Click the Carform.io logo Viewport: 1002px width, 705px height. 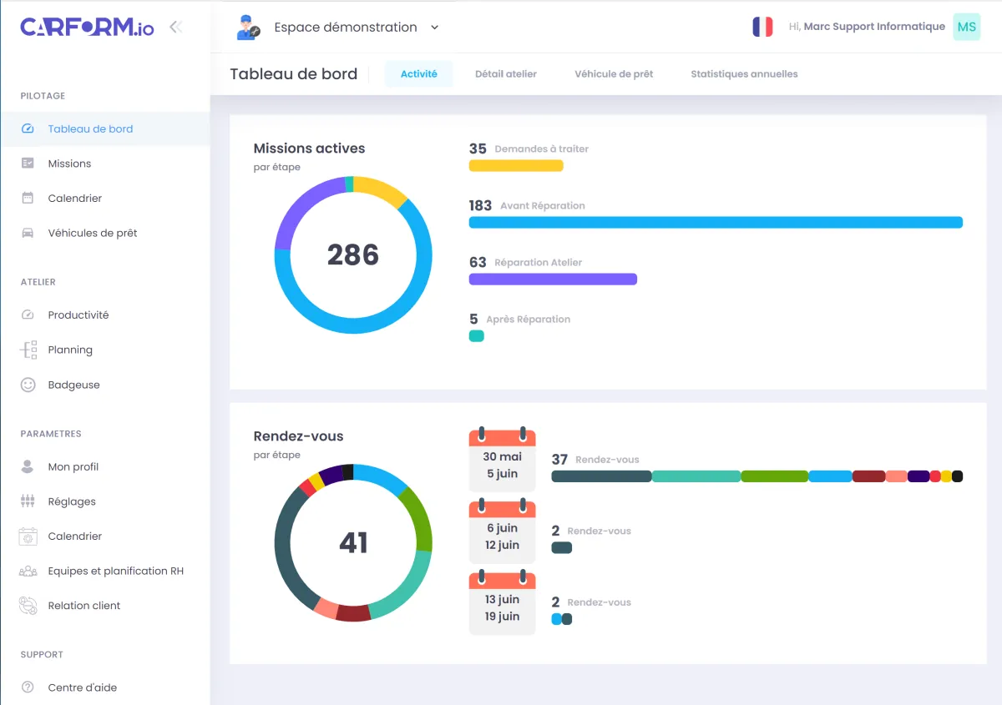coord(87,28)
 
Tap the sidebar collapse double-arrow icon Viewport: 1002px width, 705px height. coord(175,27)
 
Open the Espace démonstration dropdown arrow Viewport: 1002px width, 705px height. coord(434,28)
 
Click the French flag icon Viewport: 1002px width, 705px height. coord(762,27)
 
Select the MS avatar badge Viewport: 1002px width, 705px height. coord(966,27)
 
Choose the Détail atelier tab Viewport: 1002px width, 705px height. coord(505,74)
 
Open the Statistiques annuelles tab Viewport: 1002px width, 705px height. coord(744,74)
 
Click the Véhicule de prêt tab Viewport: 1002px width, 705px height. coord(614,74)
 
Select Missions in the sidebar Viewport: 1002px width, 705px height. coord(69,164)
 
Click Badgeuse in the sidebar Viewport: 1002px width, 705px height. coord(73,385)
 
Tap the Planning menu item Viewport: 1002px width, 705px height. coord(70,350)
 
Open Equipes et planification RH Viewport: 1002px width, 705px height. coord(115,571)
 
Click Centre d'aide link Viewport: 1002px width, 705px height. coord(82,687)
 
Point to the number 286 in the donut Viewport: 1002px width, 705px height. coord(352,254)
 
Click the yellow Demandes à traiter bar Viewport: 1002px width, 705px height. coord(515,165)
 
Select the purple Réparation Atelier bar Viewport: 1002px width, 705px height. coord(553,279)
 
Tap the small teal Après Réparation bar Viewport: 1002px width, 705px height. coord(477,336)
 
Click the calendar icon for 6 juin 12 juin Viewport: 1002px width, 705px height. coord(502,531)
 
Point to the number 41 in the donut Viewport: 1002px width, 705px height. coord(352,543)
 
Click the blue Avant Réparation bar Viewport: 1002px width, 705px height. coord(715,223)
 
